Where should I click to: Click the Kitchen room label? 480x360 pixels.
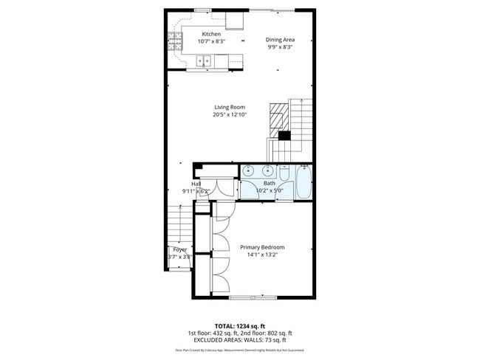coord(212,34)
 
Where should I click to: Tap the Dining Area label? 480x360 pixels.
coord(281,40)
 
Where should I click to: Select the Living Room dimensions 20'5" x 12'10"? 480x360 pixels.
coord(230,114)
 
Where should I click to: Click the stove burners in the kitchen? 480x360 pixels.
coord(177,41)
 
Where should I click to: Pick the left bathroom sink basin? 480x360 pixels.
coord(247,171)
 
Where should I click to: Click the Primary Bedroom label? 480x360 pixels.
coord(262,247)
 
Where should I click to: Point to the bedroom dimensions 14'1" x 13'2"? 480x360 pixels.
coord(262,255)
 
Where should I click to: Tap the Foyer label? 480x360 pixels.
coord(180,250)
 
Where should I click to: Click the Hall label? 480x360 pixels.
coord(196,184)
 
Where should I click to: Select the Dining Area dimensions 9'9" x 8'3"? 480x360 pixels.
coord(281,47)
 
